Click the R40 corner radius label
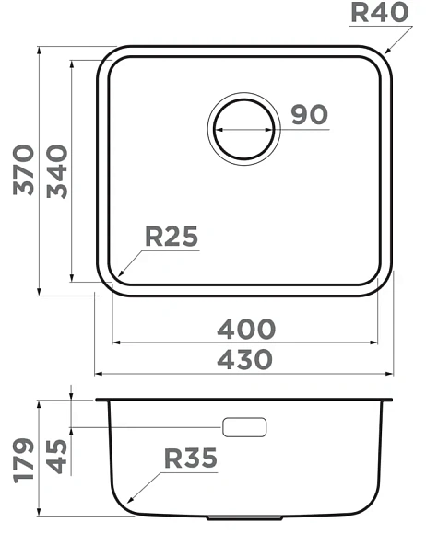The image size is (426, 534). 380,13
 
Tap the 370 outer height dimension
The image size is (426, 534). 24,170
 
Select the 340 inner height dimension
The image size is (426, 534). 57,171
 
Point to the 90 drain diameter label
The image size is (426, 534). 309,114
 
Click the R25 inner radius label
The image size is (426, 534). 172,236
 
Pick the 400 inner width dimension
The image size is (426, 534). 246,329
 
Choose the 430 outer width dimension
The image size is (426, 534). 245,359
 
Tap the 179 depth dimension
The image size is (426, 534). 24,460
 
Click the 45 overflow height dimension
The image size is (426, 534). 56,457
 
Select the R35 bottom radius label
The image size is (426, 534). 191,459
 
